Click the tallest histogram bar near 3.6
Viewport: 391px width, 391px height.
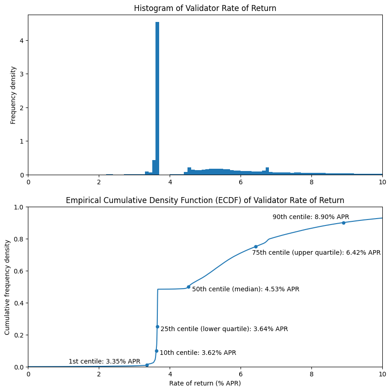[157, 98]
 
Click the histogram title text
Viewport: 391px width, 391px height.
[205, 8]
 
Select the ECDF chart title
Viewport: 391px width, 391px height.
[205, 200]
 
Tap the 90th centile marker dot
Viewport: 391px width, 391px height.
[343, 223]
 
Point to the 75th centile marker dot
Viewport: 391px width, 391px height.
[256, 246]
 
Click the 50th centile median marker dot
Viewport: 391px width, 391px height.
[188, 287]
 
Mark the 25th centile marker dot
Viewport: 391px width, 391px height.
[157, 327]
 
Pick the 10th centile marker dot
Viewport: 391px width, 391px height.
[156, 351]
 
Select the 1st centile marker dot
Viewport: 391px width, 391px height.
[147, 365]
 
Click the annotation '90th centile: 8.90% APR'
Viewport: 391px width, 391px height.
[311, 217]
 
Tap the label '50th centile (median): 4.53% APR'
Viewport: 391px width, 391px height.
[246, 289]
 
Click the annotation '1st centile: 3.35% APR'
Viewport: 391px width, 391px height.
[104, 361]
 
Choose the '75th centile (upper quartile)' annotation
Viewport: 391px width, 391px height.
[316, 252]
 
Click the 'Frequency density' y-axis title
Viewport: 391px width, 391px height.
[13, 95]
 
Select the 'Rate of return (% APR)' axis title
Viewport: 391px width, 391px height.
[205, 383]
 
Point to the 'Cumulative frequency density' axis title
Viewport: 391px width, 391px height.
[8, 287]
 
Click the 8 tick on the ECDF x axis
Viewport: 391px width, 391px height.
[311, 373]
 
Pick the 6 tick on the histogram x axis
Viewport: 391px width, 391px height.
[241, 182]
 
